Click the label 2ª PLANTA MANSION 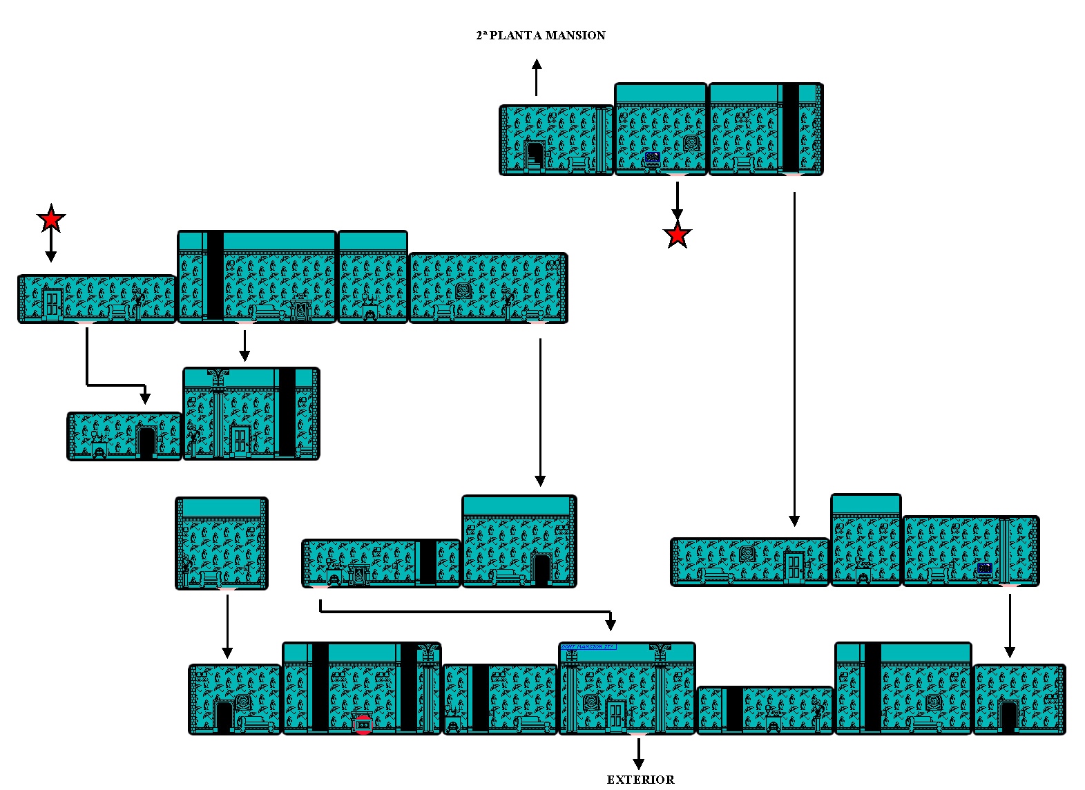point(540,35)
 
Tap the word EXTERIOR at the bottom point(640,780)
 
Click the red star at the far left point(50,219)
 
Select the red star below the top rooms point(678,235)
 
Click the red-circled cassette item point(363,724)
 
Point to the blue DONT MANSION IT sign point(588,647)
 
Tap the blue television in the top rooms point(652,158)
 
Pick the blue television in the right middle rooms point(985,569)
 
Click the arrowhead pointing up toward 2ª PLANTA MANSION point(537,65)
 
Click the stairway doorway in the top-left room point(535,156)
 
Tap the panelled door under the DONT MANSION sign point(615,715)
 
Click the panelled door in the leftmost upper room point(52,304)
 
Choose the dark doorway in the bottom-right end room point(1008,716)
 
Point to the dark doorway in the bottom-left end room point(223,717)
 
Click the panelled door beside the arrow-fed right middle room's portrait point(794,568)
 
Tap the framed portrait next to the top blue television point(691,144)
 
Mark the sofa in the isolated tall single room point(210,579)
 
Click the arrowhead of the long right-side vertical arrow point(794,521)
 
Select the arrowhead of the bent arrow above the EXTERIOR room point(610,625)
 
